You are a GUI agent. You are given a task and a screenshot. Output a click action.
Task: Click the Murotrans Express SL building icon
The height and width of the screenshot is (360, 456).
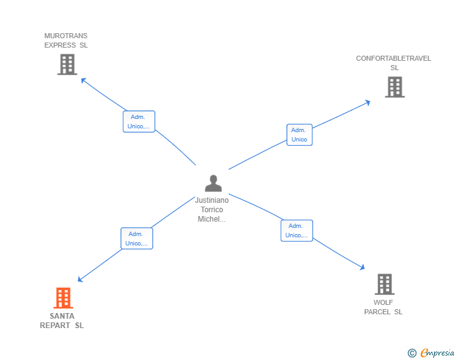67,64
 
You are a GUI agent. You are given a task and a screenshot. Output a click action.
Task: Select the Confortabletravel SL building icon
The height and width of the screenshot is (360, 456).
395,87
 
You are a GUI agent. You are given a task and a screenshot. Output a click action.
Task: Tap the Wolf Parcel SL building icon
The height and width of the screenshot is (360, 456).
385,284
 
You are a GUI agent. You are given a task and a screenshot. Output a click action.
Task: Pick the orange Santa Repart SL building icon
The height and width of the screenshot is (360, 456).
63,298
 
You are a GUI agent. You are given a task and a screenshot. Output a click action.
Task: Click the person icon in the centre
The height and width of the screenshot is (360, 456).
213,183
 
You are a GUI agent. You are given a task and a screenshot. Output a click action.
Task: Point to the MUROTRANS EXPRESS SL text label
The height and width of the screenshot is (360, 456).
66,41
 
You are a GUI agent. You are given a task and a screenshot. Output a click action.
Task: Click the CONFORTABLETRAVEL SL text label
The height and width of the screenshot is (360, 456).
393,63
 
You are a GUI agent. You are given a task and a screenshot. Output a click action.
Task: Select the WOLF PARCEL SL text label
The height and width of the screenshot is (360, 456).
383,307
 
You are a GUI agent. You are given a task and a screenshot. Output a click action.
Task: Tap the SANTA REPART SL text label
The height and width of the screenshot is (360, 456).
62,321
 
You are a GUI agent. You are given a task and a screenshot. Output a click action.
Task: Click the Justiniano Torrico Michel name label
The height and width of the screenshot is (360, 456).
212,210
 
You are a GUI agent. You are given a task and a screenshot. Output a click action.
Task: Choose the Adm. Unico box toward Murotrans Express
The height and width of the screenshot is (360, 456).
138,121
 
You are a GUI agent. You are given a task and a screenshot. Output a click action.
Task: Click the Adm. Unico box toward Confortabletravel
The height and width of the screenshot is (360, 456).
299,135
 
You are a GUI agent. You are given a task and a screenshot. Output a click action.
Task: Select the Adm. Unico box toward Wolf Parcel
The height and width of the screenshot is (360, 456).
296,230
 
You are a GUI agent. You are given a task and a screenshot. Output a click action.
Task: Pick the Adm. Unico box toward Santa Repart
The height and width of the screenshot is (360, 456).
137,239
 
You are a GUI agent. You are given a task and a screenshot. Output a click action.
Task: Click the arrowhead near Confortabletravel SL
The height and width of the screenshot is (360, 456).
368,102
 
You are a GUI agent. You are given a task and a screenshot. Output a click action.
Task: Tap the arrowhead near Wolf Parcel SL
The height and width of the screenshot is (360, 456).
362,267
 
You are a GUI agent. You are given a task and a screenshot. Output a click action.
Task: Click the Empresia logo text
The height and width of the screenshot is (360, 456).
437,353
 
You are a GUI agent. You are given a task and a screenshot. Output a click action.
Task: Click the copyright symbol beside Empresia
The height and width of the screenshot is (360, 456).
412,353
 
